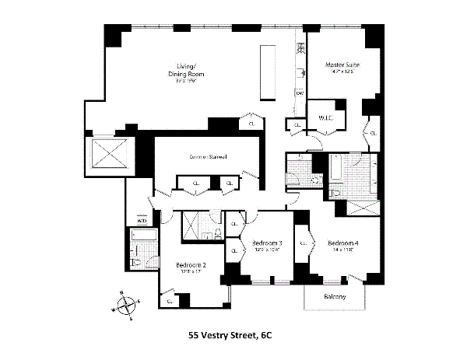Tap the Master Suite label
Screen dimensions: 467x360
[x=339, y=65]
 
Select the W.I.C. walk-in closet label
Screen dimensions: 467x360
[x=325, y=117]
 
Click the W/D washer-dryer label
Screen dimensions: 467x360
[x=142, y=221]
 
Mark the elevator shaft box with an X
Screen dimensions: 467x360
[x=109, y=155]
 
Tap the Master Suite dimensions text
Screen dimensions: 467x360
[x=339, y=73]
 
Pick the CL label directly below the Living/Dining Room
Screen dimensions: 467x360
[x=251, y=123]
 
